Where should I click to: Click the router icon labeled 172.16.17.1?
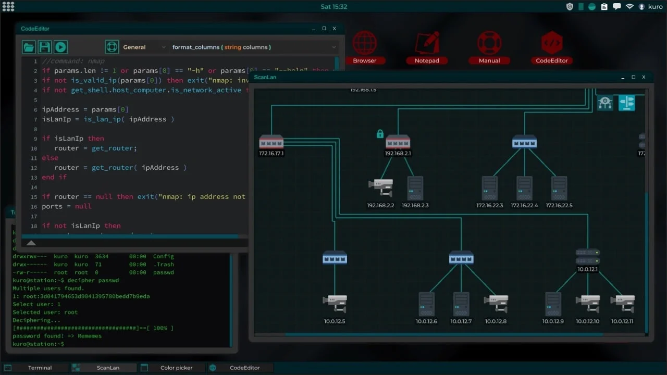271,142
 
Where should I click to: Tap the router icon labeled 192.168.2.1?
398,142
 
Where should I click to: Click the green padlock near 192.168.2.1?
380,134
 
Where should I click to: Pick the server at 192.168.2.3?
415,188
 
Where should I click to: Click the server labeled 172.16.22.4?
524,188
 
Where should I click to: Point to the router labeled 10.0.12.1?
588,256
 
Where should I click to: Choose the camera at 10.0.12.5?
335,304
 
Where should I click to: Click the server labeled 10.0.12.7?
461,304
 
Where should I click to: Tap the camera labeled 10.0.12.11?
622,304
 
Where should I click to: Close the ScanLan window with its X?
644,77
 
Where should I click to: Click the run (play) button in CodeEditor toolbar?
60,47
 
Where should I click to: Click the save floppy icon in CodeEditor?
45,47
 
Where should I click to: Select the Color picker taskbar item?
176,368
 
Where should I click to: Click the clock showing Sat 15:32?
333,7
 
